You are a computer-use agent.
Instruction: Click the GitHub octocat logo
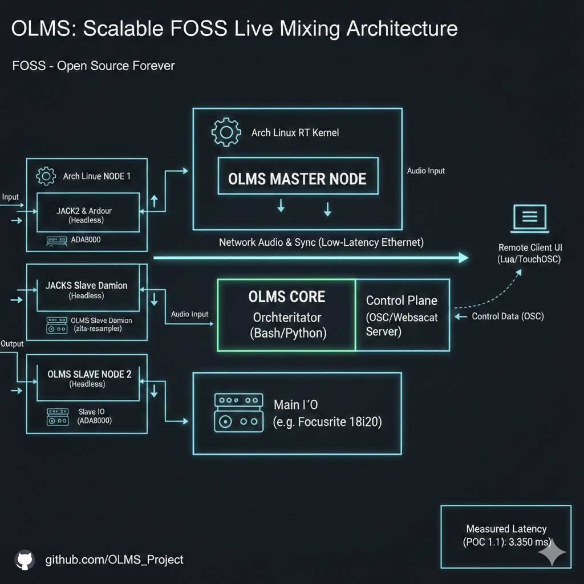(24, 559)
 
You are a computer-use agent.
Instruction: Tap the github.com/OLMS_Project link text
(114, 559)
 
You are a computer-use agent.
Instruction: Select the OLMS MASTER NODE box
(297, 179)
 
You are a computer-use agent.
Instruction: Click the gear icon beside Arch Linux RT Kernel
(226, 132)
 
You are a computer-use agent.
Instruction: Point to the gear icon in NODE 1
(46, 176)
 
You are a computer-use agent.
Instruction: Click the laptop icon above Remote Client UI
(529, 220)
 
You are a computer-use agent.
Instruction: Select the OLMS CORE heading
(287, 297)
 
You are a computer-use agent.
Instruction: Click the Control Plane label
(401, 301)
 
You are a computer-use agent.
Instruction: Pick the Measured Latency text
(506, 529)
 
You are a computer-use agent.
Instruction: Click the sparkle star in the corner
(552, 551)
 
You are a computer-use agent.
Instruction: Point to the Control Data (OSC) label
(508, 316)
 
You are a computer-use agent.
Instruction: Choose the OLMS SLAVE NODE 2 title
(89, 374)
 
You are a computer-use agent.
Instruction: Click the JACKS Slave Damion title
(86, 285)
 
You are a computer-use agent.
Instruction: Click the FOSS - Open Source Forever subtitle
(94, 66)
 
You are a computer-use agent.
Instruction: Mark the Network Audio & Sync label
(321, 242)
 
